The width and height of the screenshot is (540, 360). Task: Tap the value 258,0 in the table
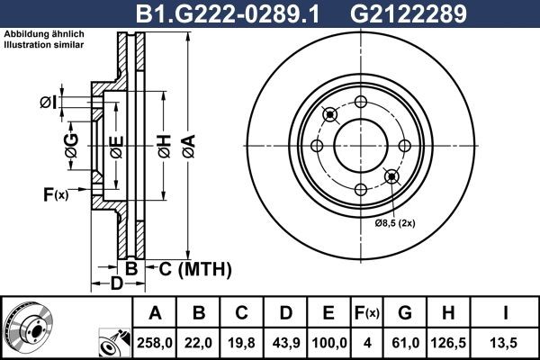[x=156, y=341]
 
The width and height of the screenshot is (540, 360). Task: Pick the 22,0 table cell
[x=199, y=341]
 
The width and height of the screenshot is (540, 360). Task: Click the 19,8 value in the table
[x=242, y=341]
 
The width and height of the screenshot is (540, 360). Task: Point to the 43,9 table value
[x=285, y=341]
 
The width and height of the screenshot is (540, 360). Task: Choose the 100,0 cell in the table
[x=328, y=341]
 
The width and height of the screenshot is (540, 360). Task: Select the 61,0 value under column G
[x=405, y=341]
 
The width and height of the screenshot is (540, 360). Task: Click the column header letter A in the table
[x=156, y=313]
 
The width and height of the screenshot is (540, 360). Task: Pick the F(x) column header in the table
[x=366, y=313]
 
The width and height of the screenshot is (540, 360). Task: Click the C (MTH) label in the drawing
[x=195, y=268]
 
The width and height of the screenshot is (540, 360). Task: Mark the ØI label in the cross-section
[x=49, y=101]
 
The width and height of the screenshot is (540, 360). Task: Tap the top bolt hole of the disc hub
[x=360, y=101]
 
